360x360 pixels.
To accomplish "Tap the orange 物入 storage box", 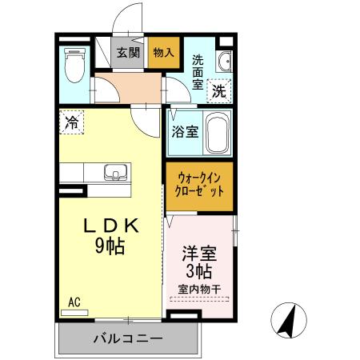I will point(163,54).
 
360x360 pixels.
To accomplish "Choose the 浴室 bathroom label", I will point(184,132).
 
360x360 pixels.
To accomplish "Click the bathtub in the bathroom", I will point(218,132).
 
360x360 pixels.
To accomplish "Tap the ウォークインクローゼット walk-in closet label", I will point(199,186).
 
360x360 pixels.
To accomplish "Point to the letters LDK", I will point(112,226).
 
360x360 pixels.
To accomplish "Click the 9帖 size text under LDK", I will point(111,246).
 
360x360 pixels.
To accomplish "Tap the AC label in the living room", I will point(74,302).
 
